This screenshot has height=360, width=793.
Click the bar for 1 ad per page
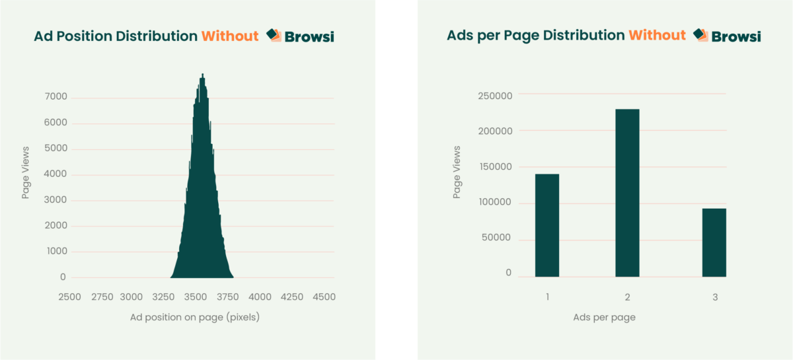point(547,225)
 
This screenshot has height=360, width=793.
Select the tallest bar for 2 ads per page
point(627,193)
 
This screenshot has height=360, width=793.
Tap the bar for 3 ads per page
point(714,242)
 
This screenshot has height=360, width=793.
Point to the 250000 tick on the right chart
point(495,96)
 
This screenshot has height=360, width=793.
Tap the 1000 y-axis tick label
point(56,252)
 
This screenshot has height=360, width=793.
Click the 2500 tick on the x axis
point(69,297)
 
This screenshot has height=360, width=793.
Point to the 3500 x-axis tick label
point(196,297)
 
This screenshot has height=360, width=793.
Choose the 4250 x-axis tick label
point(291,297)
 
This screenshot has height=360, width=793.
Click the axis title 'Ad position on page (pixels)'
point(195,317)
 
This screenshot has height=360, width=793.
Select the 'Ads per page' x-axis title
point(604,317)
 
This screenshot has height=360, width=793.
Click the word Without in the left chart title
point(230,36)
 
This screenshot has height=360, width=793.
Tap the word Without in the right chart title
point(657,36)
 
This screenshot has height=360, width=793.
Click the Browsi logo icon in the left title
point(274,36)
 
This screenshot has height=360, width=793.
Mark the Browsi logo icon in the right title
point(701,35)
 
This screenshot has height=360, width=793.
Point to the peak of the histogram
point(203,75)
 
